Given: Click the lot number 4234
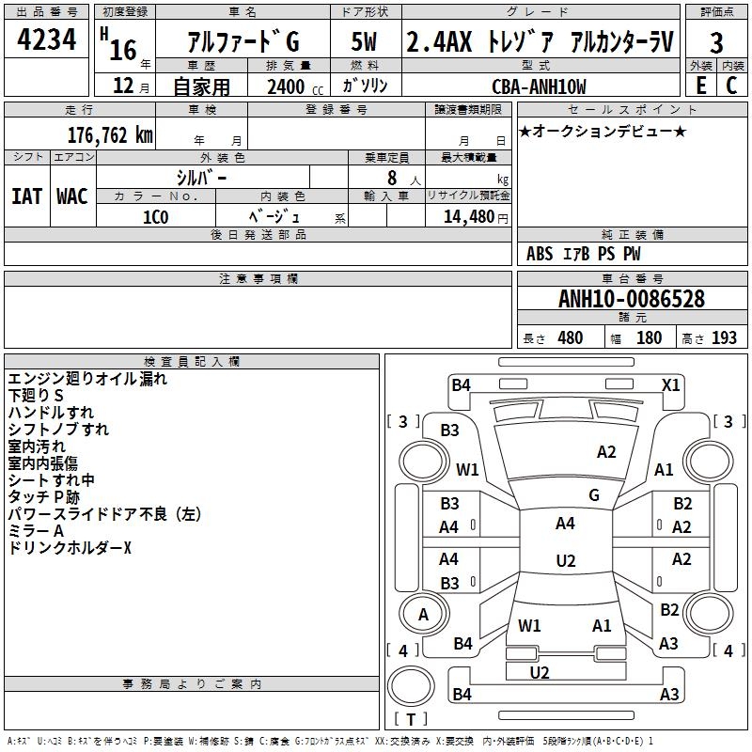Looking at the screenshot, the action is coord(47,40).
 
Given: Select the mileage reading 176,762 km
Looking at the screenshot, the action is coord(110,133).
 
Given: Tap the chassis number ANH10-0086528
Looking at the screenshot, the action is coord(632,299).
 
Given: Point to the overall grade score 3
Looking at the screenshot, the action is coord(716,42).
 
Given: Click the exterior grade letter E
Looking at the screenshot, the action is coord(700,85).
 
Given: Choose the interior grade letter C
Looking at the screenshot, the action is coord(732,85).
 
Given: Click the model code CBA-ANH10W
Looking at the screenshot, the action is coord(539,86).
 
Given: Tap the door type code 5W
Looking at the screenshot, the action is coord(365,42).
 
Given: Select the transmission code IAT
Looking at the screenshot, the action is coord(26,196).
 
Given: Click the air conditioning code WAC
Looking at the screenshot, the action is coord(71,196).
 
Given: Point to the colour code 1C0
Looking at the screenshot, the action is coord(155,215).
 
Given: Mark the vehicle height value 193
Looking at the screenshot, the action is coord(724,338).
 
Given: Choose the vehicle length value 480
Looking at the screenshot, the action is coord(570,338).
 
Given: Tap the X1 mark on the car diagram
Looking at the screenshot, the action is coord(670,384).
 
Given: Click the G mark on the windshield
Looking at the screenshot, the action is coord(594,494).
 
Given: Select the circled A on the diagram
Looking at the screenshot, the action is coord(423,615).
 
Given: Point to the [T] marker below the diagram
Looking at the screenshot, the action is coord(411,720).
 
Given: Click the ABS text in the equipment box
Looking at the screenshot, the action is coord(540,254).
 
